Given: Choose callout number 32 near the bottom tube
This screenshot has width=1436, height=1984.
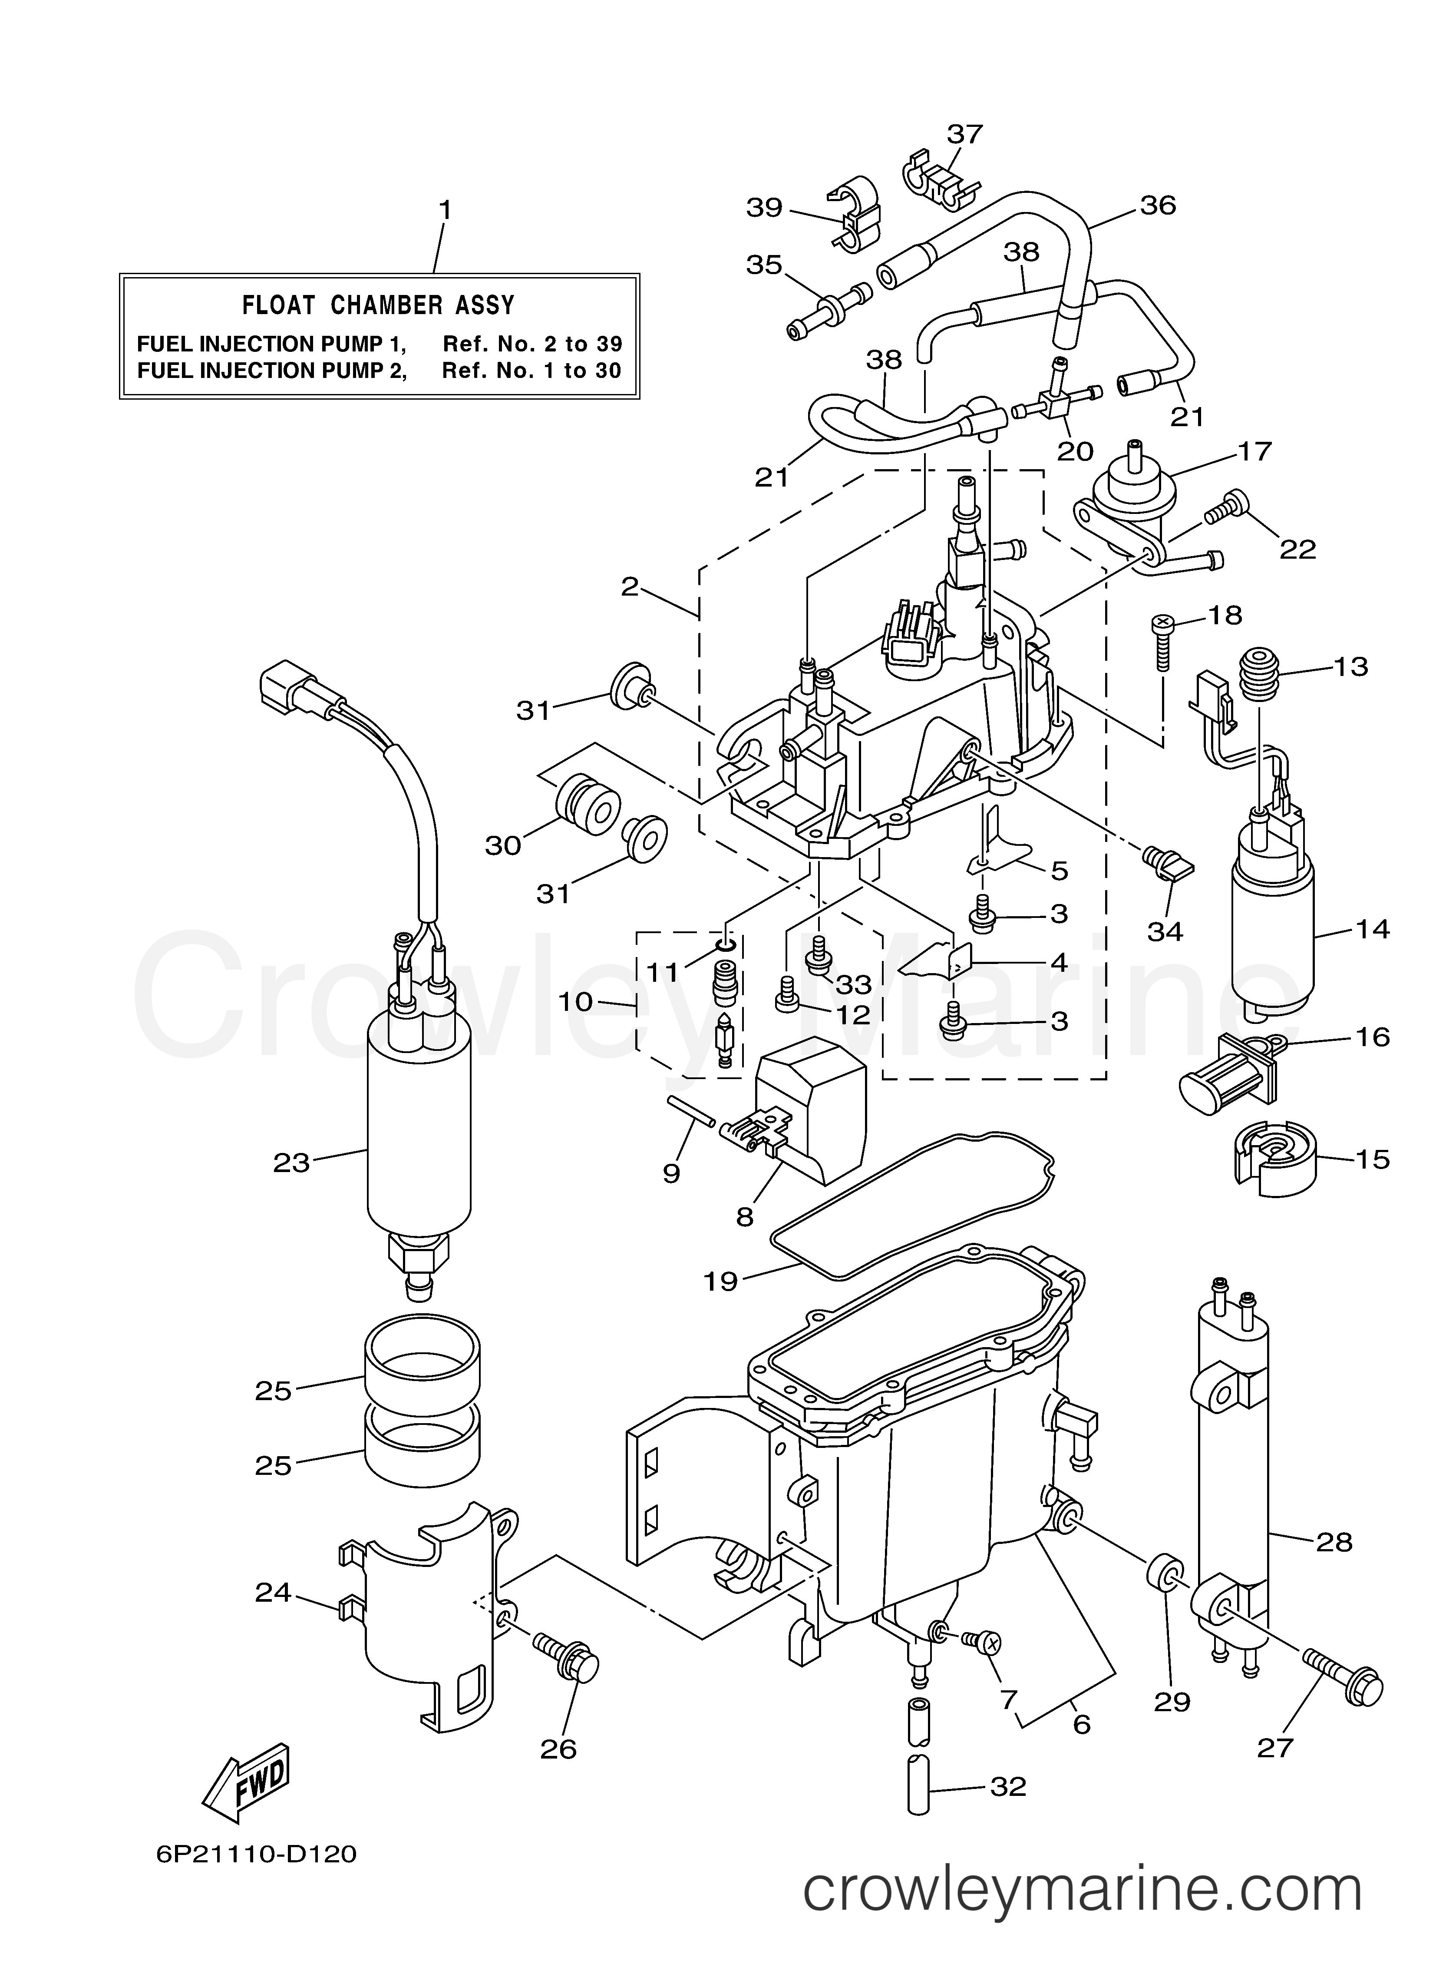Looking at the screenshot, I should point(1007,1786).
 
